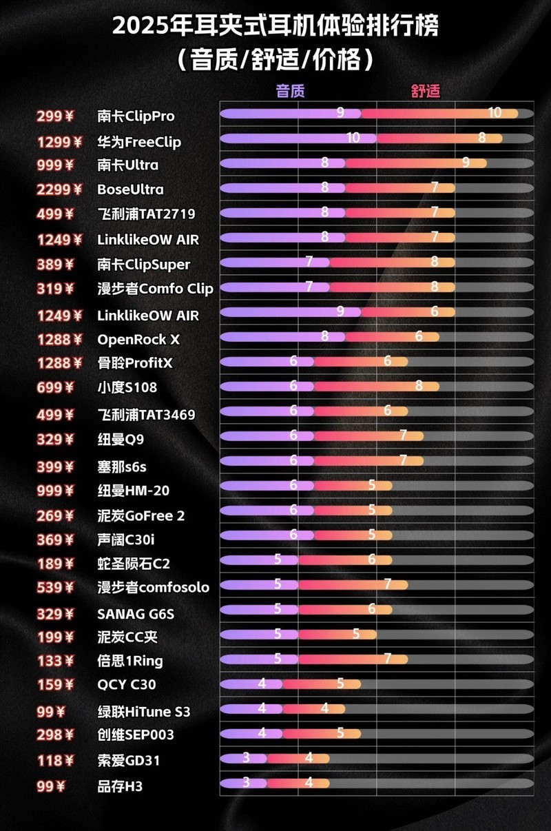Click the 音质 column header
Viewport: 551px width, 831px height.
(290, 91)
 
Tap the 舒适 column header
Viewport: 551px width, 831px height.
(425, 91)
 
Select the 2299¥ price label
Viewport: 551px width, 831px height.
(54, 189)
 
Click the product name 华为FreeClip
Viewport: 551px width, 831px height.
(139, 143)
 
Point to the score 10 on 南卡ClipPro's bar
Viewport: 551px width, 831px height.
(495, 114)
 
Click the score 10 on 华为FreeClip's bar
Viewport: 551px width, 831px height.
(353, 138)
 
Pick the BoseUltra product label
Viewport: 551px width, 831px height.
(131, 189)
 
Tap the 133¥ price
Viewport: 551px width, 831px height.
(54, 661)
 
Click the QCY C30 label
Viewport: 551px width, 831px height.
(127, 685)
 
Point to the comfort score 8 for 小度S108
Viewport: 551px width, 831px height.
(419, 386)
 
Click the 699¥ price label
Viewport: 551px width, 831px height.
(54, 387)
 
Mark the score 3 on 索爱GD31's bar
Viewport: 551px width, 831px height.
(246, 758)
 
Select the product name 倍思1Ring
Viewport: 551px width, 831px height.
(130, 661)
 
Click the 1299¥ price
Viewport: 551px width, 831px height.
(54, 143)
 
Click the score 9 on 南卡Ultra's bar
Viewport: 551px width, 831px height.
(466, 163)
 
